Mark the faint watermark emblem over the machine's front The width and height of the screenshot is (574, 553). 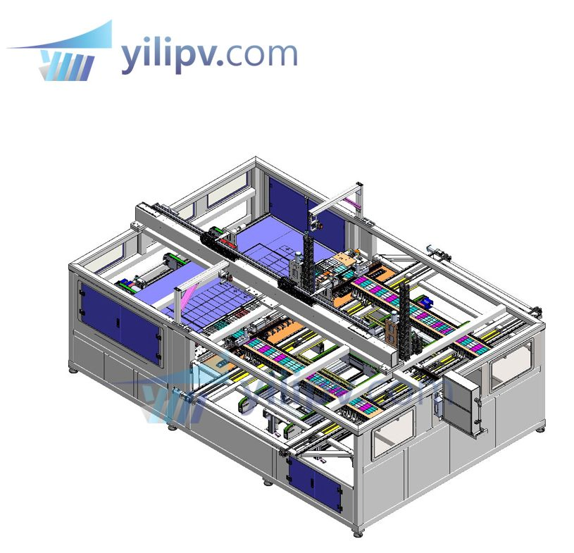158,402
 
